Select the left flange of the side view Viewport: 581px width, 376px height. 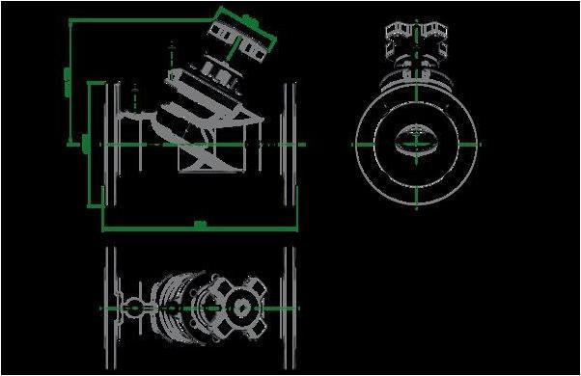point(114,144)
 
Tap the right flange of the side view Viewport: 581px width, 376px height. point(288,144)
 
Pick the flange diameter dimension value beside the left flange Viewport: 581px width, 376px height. point(88,144)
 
